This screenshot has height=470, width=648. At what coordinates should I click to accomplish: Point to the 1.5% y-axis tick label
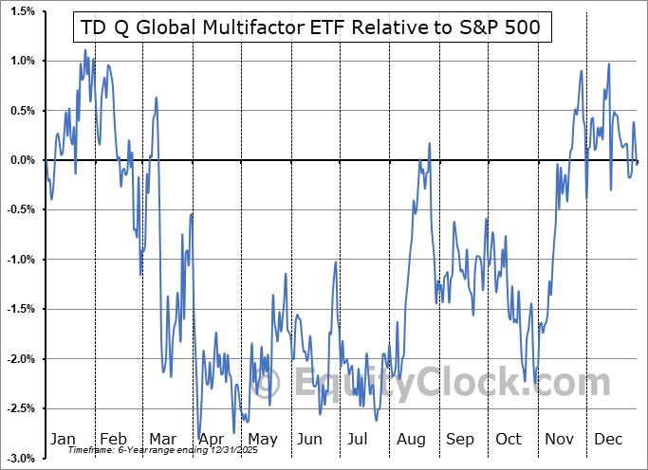[x=22, y=11]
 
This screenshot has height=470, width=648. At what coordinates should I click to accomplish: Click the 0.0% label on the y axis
[x=22, y=160]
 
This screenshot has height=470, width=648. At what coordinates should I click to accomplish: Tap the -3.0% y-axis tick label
[x=20, y=458]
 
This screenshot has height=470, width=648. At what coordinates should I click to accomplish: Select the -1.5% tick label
[x=20, y=309]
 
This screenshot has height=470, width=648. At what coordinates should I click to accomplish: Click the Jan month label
[x=64, y=440]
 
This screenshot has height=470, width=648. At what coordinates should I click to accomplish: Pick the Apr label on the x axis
[x=212, y=440]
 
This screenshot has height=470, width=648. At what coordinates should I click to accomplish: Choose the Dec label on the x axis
[x=607, y=440]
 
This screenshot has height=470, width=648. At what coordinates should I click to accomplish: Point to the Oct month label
[x=509, y=440]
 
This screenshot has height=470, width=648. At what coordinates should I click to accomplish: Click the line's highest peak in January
[x=84, y=50]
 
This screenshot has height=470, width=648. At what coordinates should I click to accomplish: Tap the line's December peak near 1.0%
[x=608, y=64]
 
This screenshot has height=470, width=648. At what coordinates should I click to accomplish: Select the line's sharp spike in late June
[x=336, y=262]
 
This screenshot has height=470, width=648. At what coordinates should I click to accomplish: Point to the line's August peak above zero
[x=430, y=144]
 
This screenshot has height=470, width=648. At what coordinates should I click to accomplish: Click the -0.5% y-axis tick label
[x=20, y=209]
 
